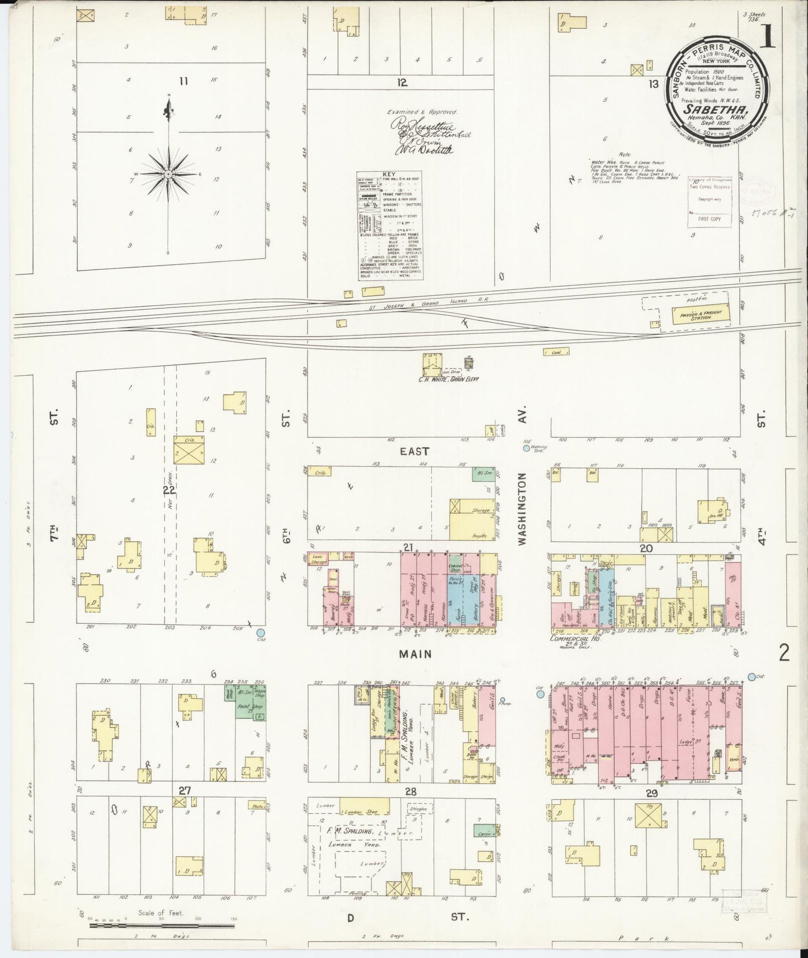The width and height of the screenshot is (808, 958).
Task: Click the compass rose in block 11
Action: (x=168, y=174)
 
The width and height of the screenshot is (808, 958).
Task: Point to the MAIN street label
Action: (x=416, y=653)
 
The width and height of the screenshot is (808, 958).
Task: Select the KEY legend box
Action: (x=390, y=226)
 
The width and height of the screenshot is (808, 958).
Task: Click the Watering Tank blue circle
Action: (x=526, y=448)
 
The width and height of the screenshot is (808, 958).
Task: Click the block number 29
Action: (x=651, y=793)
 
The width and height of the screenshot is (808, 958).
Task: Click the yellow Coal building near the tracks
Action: (x=558, y=352)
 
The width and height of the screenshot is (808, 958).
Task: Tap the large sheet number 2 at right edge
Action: (x=784, y=652)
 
